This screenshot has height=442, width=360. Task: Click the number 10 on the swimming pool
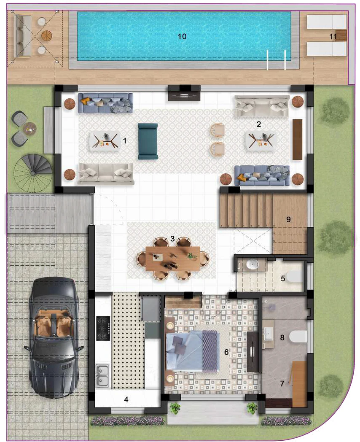coord(182,37)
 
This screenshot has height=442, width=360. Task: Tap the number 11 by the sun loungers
coord(333,37)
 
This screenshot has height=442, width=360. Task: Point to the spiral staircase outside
coord(33,171)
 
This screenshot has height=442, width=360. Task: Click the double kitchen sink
coord(102,375)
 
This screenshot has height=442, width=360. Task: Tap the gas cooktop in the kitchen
coord(103,328)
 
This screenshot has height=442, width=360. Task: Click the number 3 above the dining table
coord(172,239)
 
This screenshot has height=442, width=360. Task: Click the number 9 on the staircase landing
coord(288,219)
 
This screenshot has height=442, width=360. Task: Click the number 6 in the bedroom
coord(226,352)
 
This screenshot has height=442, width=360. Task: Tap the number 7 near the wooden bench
coord(282,383)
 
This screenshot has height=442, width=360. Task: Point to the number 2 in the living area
coord(259,124)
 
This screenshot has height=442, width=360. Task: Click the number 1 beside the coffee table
coord(124,140)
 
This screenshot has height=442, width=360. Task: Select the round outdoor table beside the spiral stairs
coord(30,127)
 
